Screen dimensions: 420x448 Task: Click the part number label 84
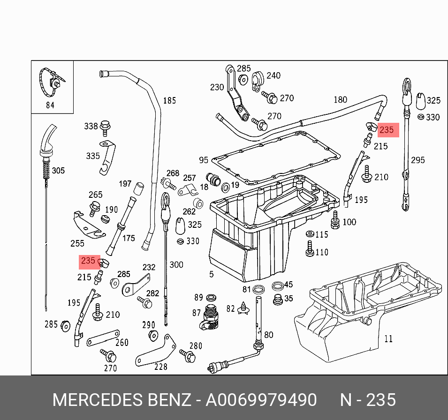point(50,105)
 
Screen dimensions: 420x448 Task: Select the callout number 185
point(169,100)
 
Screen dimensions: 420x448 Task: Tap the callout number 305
point(58,171)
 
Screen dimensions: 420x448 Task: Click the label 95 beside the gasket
point(203,160)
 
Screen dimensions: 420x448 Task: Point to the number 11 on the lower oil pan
point(388,338)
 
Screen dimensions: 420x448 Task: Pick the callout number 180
point(340,99)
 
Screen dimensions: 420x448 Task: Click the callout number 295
point(418,160)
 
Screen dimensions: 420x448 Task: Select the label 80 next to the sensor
point(269,335)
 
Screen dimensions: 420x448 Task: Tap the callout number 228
point(160,367)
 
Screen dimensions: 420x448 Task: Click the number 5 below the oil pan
point(211,273)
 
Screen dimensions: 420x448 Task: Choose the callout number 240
point(273,75)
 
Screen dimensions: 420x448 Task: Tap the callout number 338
point(91,126)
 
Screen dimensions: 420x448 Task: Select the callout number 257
point(189,178)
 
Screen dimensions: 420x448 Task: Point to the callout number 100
point(349,222)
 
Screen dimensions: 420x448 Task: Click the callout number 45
point(288,285)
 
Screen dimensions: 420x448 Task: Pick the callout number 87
point(196,313)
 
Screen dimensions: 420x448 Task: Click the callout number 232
point(149,267)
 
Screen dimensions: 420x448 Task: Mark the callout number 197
point(125,184)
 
